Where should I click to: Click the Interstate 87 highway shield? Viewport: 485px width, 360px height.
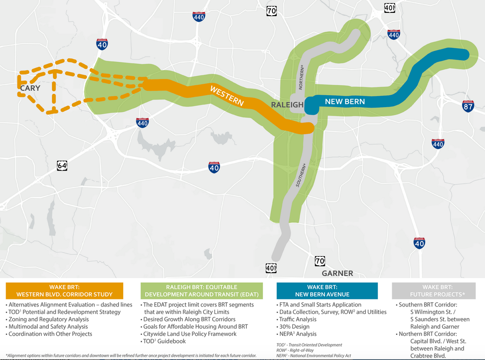pyautogui.click(x=468, y=106)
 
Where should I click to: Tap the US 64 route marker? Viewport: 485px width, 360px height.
pyautogui.click(x=62, y=165)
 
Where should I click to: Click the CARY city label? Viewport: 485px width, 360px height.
pyautogui.click(x=30, y=88)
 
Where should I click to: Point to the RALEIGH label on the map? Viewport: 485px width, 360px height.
pyautogui.click(x=287, y=105)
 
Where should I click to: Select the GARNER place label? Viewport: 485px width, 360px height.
pyautogui.click(x=337, y=273)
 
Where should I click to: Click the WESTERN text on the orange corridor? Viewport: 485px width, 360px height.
pyautogui.click(x=227, y=96)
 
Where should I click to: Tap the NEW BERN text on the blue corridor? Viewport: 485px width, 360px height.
pyautogui.click(x=345, y=102)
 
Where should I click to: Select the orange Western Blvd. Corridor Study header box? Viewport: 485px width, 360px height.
pyautogui.click(x=64, y=290)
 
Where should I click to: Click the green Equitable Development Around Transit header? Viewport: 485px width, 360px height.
pyautogui.click(x=202, y=290)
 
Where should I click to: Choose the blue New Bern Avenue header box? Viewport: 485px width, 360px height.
pyautogui.click(x=327, y=290)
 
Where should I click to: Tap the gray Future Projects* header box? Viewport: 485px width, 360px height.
pyautogui.click(x=433, y=290)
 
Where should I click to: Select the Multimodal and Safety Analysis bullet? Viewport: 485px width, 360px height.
pyautogui.click(x=48, y=327)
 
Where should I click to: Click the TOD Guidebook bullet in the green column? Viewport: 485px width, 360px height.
pyautogui.click(x=165, y=341)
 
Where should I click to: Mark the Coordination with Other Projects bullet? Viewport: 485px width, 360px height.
pyautogui.click(x=50, y=334)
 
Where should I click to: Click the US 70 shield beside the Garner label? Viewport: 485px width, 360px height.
pyautogui.click(x=320, y=261)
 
